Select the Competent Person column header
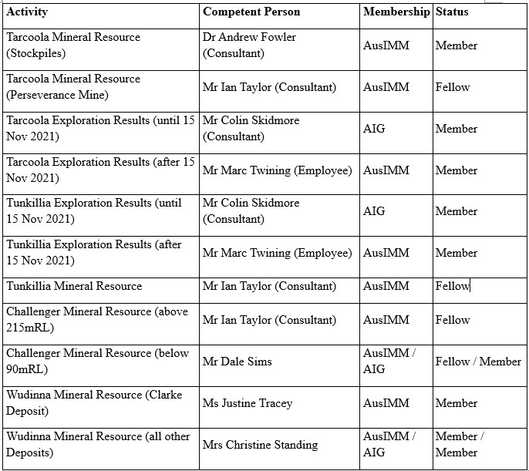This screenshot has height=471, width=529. point(251,12)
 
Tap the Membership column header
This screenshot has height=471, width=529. point(396,12)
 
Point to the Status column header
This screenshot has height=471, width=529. point(452,12)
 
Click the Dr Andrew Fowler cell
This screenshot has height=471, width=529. point(249,45)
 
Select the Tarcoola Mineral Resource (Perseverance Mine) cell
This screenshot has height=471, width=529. point(73,87)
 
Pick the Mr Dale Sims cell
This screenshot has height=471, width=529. point(238,362)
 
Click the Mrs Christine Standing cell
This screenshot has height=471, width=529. point(260,445)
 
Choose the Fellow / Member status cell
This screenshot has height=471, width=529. point(478,362)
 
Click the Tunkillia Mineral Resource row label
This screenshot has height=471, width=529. point(74,286)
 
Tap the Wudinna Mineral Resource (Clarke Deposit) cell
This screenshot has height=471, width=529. point(94,403)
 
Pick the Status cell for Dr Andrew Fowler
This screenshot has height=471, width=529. point(457,45)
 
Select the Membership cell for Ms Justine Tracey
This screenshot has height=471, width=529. point(386,403)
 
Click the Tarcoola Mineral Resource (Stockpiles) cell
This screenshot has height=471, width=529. point(73,45)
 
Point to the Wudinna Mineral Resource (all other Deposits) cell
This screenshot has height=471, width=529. point(98,445)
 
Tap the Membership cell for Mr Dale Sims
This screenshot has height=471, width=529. point(389,362)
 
